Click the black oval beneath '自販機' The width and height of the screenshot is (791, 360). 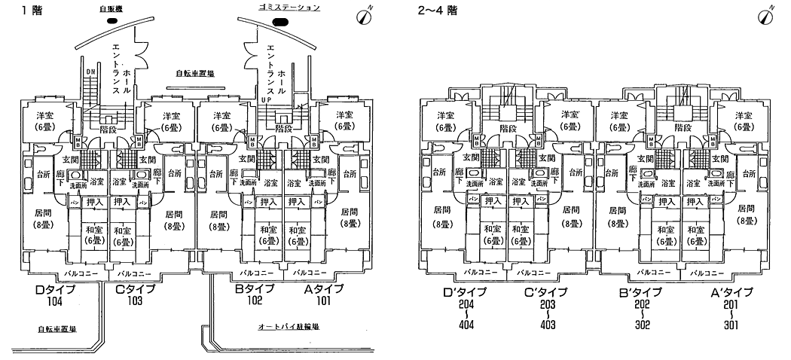click(x=113, y=21)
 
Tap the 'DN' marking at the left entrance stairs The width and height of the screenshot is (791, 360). click(x=90, y=72)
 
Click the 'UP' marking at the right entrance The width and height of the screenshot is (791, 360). click(x=264, y=99)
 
